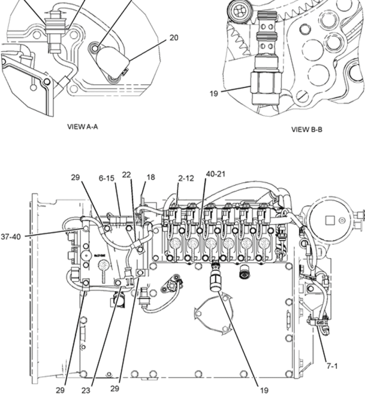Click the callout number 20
click(174, 38)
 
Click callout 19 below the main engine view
click(264, 389)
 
